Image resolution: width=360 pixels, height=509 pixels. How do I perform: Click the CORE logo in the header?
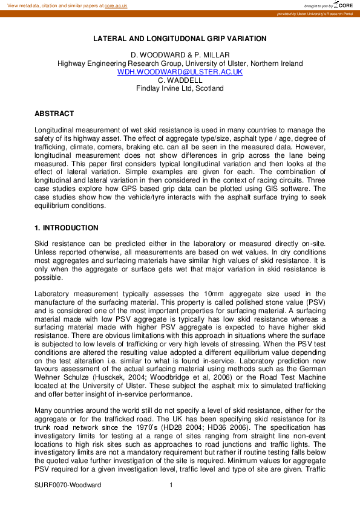coord(342,5)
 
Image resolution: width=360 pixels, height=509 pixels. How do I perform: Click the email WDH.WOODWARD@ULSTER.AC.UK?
coord(180,71)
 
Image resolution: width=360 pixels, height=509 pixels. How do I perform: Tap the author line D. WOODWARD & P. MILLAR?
coord(180,55)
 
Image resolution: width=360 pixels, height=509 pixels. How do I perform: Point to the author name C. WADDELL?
coord(180,80)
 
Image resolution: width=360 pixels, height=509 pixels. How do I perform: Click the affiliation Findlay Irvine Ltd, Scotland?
coord(180,88)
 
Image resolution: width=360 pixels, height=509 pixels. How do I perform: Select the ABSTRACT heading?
coord(54,114)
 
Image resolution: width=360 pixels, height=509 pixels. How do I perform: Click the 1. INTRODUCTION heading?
coord(66,228)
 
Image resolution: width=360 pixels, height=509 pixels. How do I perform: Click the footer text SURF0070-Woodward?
coord(68,485)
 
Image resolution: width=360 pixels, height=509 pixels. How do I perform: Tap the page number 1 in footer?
coord(171,485)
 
